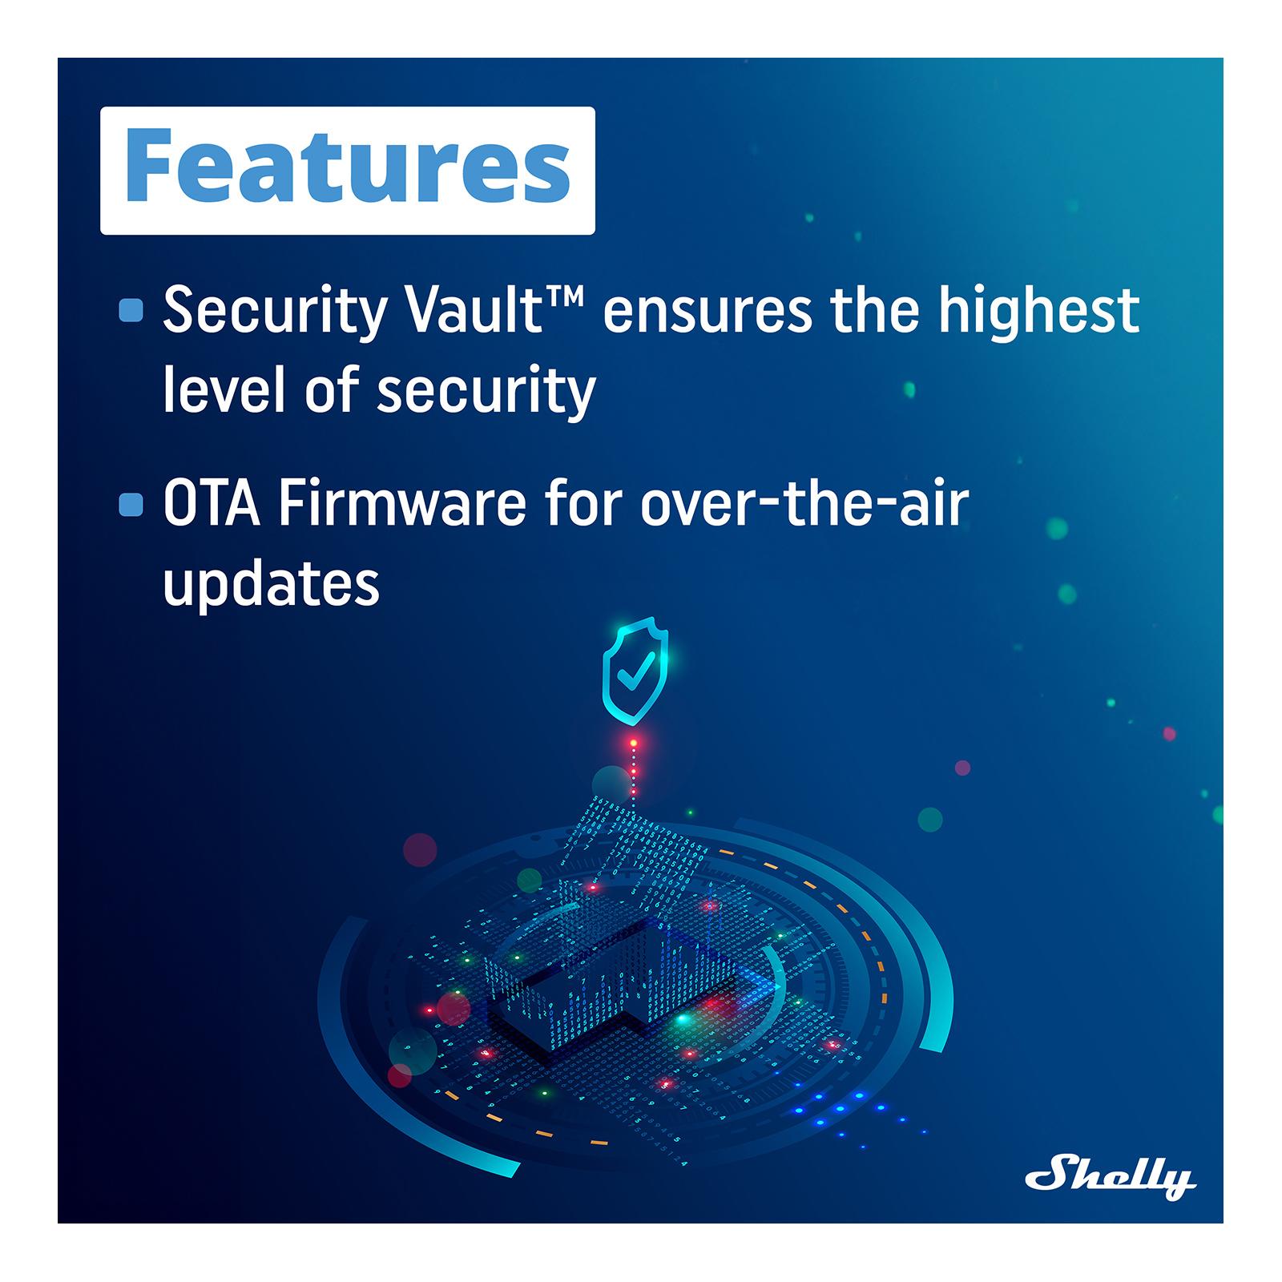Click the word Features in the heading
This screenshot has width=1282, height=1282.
click(x=347, y=170)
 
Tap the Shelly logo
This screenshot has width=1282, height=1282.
click(x=1111, y=1177)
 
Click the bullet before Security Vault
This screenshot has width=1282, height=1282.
click(x=131, y=310)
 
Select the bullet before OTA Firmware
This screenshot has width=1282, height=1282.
click(x=131, y=505)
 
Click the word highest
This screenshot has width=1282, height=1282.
click(x=1038, y=312)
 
